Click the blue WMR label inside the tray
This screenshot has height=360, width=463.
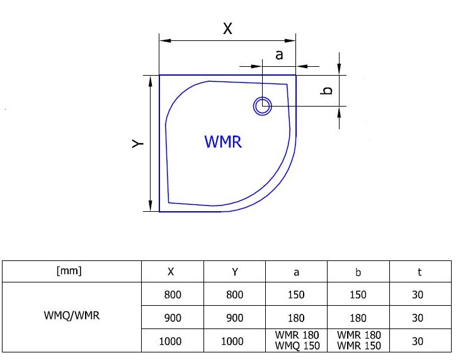tap(223, 141)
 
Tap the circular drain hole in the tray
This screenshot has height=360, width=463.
tap(263, 105)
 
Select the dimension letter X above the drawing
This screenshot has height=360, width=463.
tap(227, 28)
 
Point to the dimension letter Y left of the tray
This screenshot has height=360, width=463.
tap(138, 143)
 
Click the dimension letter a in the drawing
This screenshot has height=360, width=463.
tap(278, 55)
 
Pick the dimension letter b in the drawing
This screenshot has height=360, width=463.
tap(326, 91)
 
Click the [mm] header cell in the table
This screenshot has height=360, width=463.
tap(69, 272)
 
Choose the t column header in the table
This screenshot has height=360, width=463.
tap(418, 272)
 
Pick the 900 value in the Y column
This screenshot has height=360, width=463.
tap(234, 318)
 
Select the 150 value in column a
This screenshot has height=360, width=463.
tap(296, 294)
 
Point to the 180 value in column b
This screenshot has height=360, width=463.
tap(358, 318)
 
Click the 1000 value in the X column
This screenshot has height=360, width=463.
tap(171, 341)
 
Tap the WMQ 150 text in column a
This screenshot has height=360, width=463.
tap(298, 345)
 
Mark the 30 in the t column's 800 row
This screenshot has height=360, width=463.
tap(418, 294)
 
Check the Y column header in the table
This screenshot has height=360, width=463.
tap(234, 272)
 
